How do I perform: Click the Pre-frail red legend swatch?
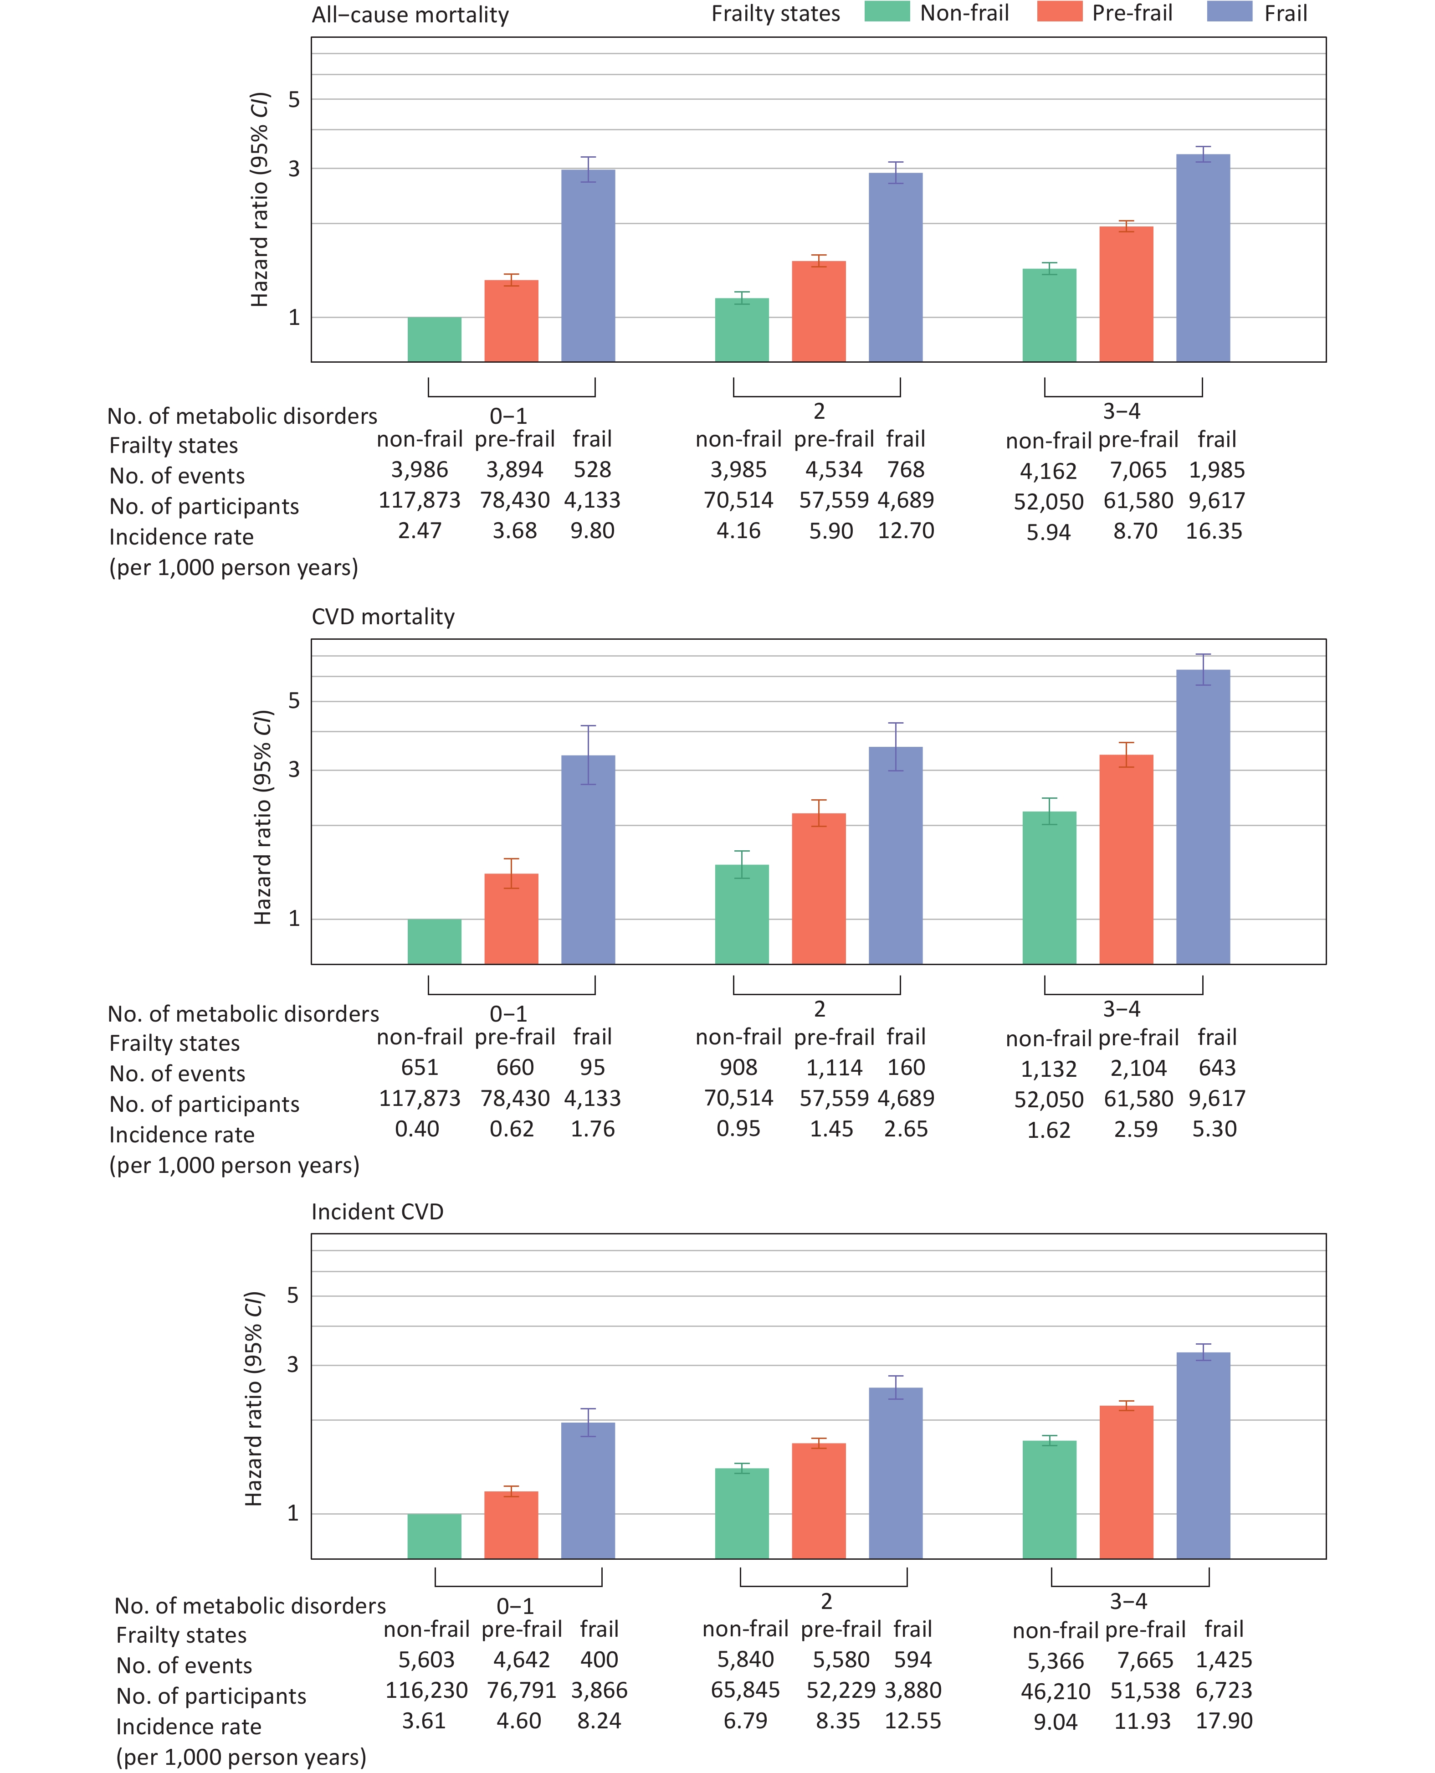coord(1059,12)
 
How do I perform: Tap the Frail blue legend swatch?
coord(1229,12)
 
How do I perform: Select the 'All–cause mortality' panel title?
coord(410,15)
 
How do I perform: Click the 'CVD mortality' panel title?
coord(383,617)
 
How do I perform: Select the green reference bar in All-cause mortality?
coord(434,339)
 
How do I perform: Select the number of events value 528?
coord(592,470)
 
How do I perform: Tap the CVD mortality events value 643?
coord(1217,1068)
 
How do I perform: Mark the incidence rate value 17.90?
coord(1223,1721)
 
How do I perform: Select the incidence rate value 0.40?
coord(417,1129)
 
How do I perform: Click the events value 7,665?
coord(1145,1660)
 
